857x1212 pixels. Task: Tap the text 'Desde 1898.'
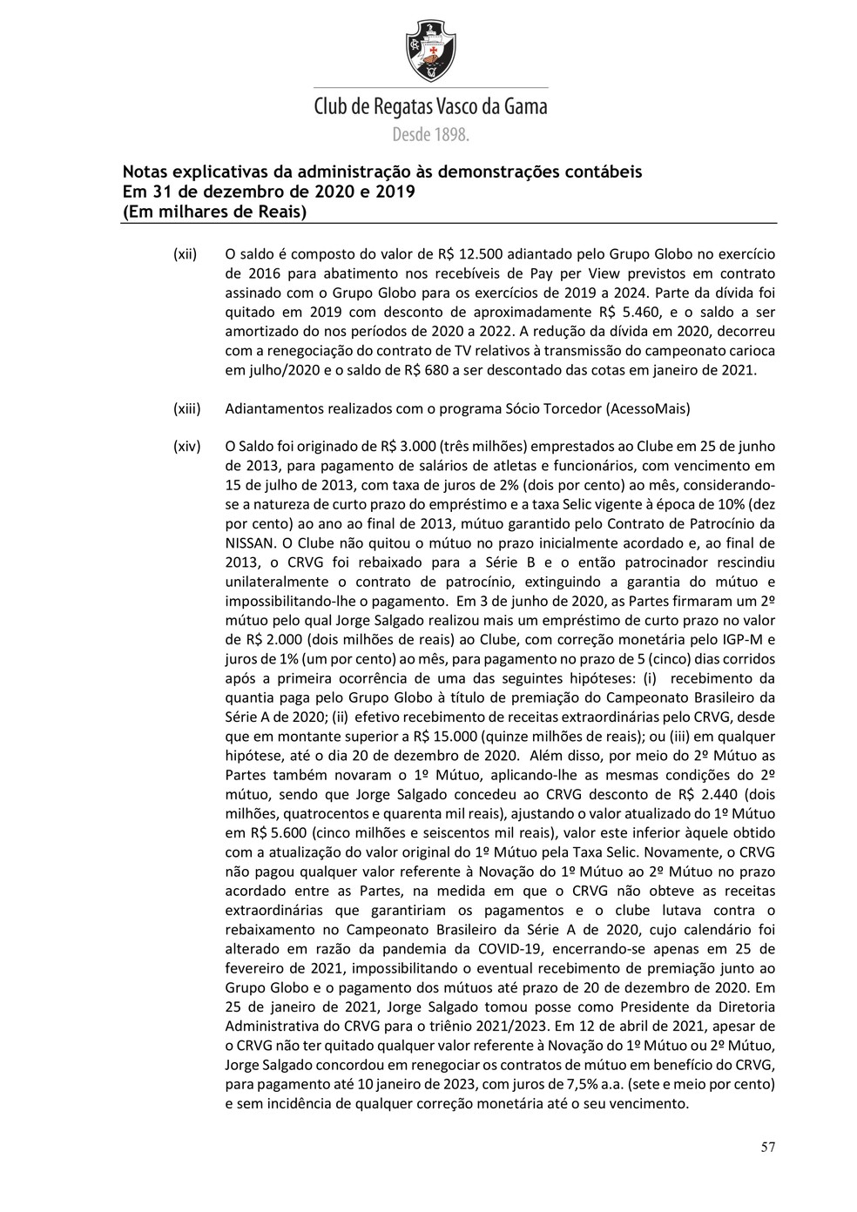[430, 135]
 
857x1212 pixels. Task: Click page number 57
[767, 1147]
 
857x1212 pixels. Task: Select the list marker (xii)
[185, 255]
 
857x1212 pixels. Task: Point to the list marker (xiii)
[186, 408]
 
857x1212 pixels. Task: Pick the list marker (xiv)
[186, 447]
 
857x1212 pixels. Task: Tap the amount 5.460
[637, 313]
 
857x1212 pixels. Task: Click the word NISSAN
[249, 542]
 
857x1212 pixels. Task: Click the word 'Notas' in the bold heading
[149, 172]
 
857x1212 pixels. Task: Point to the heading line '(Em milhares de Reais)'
[214, 211]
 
